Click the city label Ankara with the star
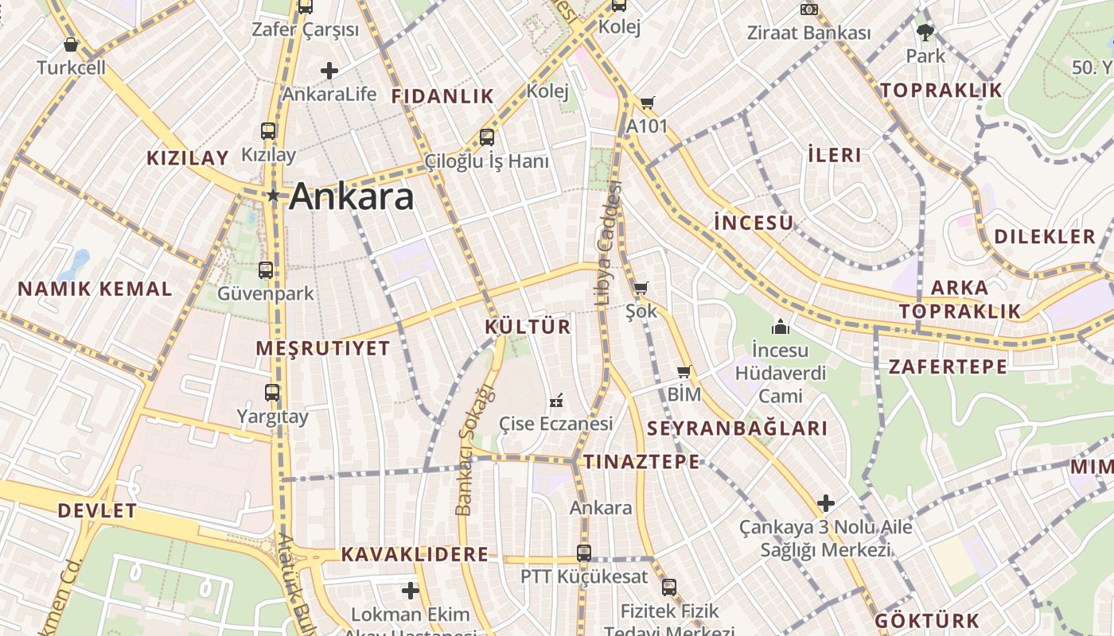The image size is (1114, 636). [351, 196]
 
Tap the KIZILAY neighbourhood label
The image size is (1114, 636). [188, 157]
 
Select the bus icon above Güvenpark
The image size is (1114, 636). [266, 270]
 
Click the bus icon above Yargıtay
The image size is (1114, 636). [272, 392]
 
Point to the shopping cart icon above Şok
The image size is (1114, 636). [641, 288]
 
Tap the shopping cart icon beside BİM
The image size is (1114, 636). [684, 371]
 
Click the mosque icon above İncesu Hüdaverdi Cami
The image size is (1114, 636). [781, 327]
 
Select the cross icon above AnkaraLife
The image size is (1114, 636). [329, 71]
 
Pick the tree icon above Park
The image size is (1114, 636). [925, 33]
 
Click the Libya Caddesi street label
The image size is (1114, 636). [609, 243]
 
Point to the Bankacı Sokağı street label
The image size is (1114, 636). [473, 449]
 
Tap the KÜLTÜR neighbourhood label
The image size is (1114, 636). [528, 327]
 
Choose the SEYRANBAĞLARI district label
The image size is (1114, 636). [738, 429]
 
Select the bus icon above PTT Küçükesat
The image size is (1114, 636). [584, 553]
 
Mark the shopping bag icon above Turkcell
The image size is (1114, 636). [71, 45]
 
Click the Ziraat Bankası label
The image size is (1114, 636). [808, 33]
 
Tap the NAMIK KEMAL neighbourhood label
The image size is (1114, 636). [95, 289]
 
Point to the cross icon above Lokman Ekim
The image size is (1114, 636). [411, 591]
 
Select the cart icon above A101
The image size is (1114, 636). [648, 103]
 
